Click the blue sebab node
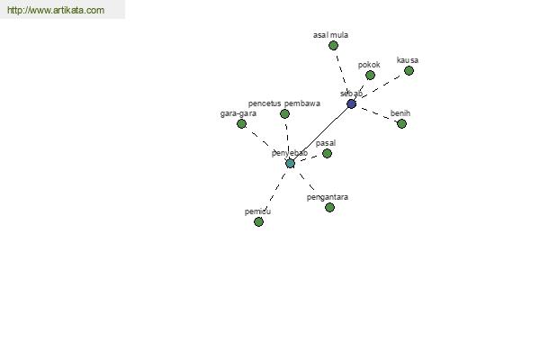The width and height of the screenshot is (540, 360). click(x=351, y=103)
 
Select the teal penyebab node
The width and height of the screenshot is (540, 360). click(x=291, y=163)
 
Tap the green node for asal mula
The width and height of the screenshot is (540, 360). click(x=333, y=46)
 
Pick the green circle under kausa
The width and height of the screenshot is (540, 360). click(x=409, y=70)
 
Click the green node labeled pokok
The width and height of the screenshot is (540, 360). click(x=370, y=75)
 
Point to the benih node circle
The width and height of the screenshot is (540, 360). click(x=401, y=123)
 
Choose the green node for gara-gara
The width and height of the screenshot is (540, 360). click(x=241, y=123)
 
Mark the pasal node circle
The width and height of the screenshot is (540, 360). click(x=328, y=153)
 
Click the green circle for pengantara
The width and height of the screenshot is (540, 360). click(x=329, y=207)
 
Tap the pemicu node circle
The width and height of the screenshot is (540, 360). click(x=258, y=222)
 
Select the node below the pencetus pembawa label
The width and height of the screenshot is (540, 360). click(x=284, y=113)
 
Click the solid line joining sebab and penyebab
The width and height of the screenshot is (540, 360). click(x=320, y=134)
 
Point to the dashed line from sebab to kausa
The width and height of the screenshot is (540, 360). click(x=380, y=87)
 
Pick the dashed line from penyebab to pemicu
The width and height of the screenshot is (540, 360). click(x=274, y=193)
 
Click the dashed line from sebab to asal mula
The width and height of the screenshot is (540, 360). click(x=342, y=75)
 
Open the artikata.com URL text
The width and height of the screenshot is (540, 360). click(x=56, y=10)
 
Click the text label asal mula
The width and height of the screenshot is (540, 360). click(x=330, y=35)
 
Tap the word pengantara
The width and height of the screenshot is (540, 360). click(x=328, y=197)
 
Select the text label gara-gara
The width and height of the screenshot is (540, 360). click(x=238, y=113)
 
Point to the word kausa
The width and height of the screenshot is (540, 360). click(x=408, y=60)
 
